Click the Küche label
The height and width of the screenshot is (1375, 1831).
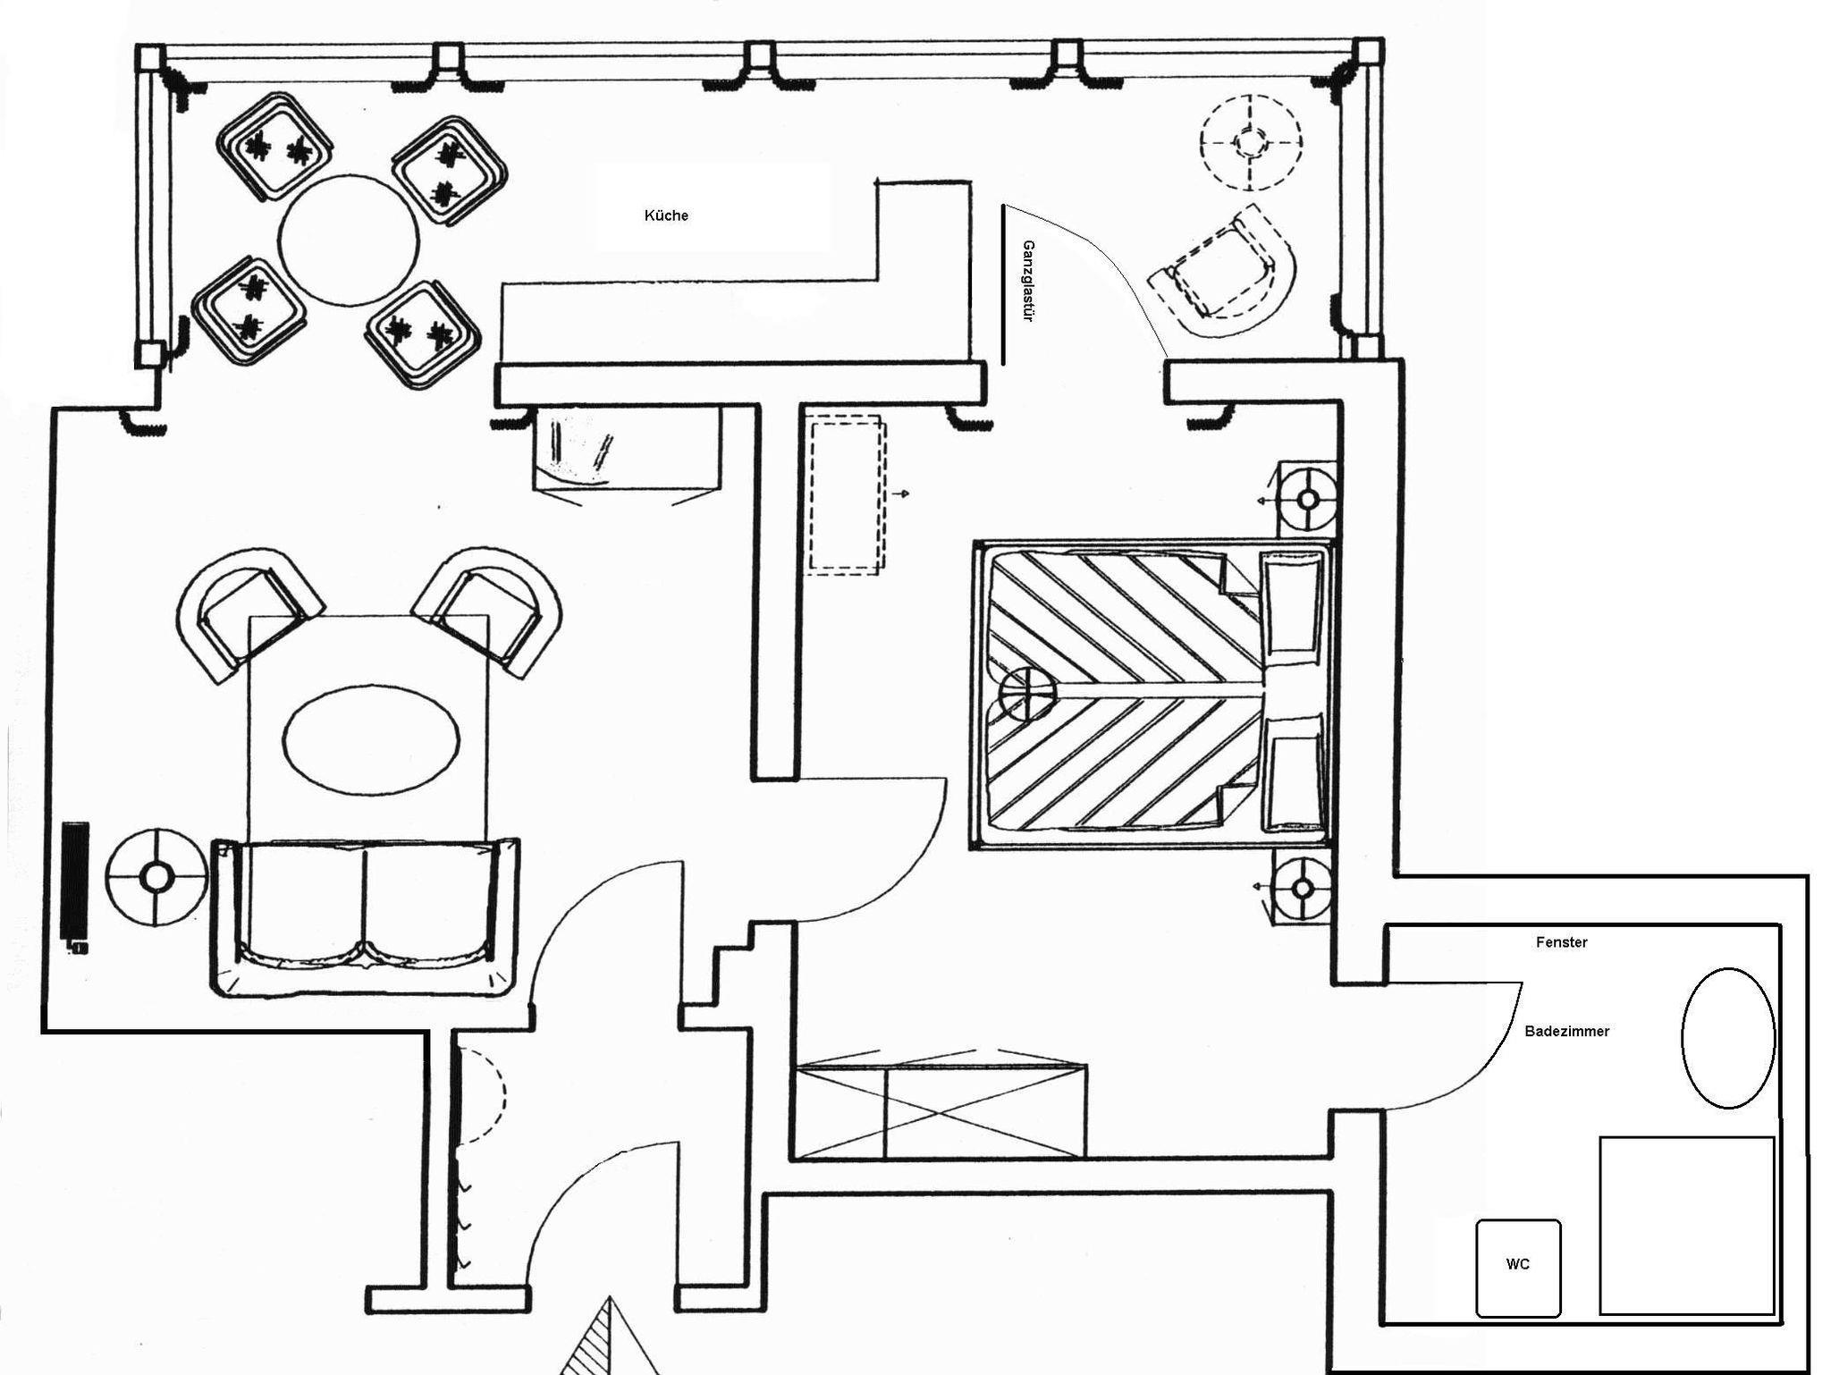666,215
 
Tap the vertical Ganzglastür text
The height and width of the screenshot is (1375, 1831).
1028,281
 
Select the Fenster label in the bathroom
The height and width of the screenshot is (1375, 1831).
1561,942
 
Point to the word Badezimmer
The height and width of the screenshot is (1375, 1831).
1566,1031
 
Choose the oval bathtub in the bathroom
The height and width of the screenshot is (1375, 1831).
1727,1038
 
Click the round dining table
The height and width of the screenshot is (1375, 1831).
348,241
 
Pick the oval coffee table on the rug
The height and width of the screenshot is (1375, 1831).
371,738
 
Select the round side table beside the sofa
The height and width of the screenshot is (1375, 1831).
156,878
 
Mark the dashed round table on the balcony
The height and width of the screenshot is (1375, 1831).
1251,141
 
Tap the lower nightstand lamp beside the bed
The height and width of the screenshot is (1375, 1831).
1303,889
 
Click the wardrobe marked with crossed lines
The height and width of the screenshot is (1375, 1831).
941,1109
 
